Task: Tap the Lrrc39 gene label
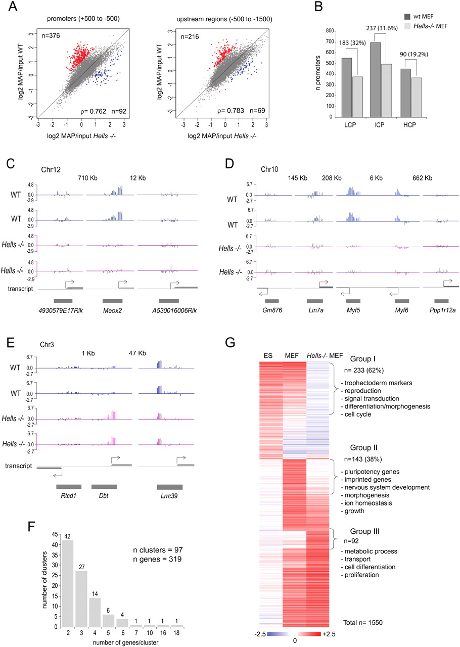(x=166, y=487)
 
